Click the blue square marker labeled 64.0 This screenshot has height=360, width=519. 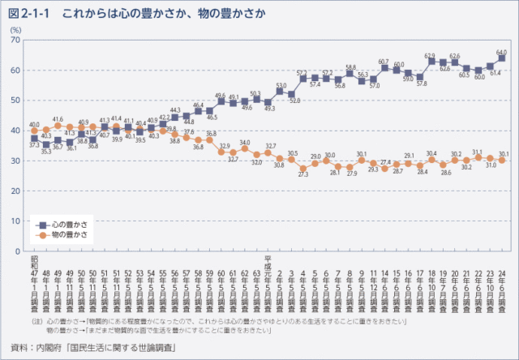[502, 58]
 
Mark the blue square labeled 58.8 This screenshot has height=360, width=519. [350, 74]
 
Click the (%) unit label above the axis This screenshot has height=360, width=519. [16, 29]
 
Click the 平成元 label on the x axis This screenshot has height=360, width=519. [268, 263]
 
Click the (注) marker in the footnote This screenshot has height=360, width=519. [38, 322]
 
